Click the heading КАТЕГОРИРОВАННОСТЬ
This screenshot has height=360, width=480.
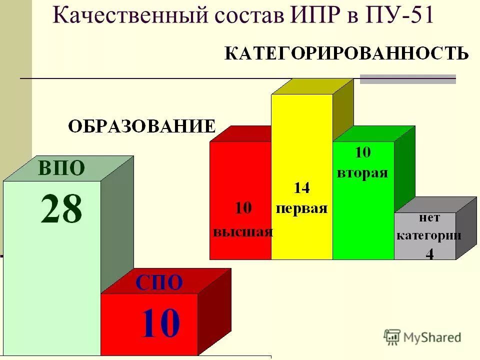point(346,53)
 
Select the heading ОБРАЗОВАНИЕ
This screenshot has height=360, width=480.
point(142,126)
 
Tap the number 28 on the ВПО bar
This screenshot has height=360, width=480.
point(61,209)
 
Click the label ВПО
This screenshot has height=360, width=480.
point(61,168)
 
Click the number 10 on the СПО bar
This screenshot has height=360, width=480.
point(159,323)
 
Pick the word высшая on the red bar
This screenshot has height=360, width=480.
point(243,232)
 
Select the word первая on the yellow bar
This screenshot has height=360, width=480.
point(301,208)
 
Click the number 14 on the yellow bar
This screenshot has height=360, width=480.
point(301,188)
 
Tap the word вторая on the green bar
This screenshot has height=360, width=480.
point(363,173)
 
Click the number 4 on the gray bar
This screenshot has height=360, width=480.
point(429,254)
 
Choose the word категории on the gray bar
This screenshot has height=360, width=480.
point(429,236)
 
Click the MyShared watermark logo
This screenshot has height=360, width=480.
point(422,337)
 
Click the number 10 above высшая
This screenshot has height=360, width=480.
point(243,208)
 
